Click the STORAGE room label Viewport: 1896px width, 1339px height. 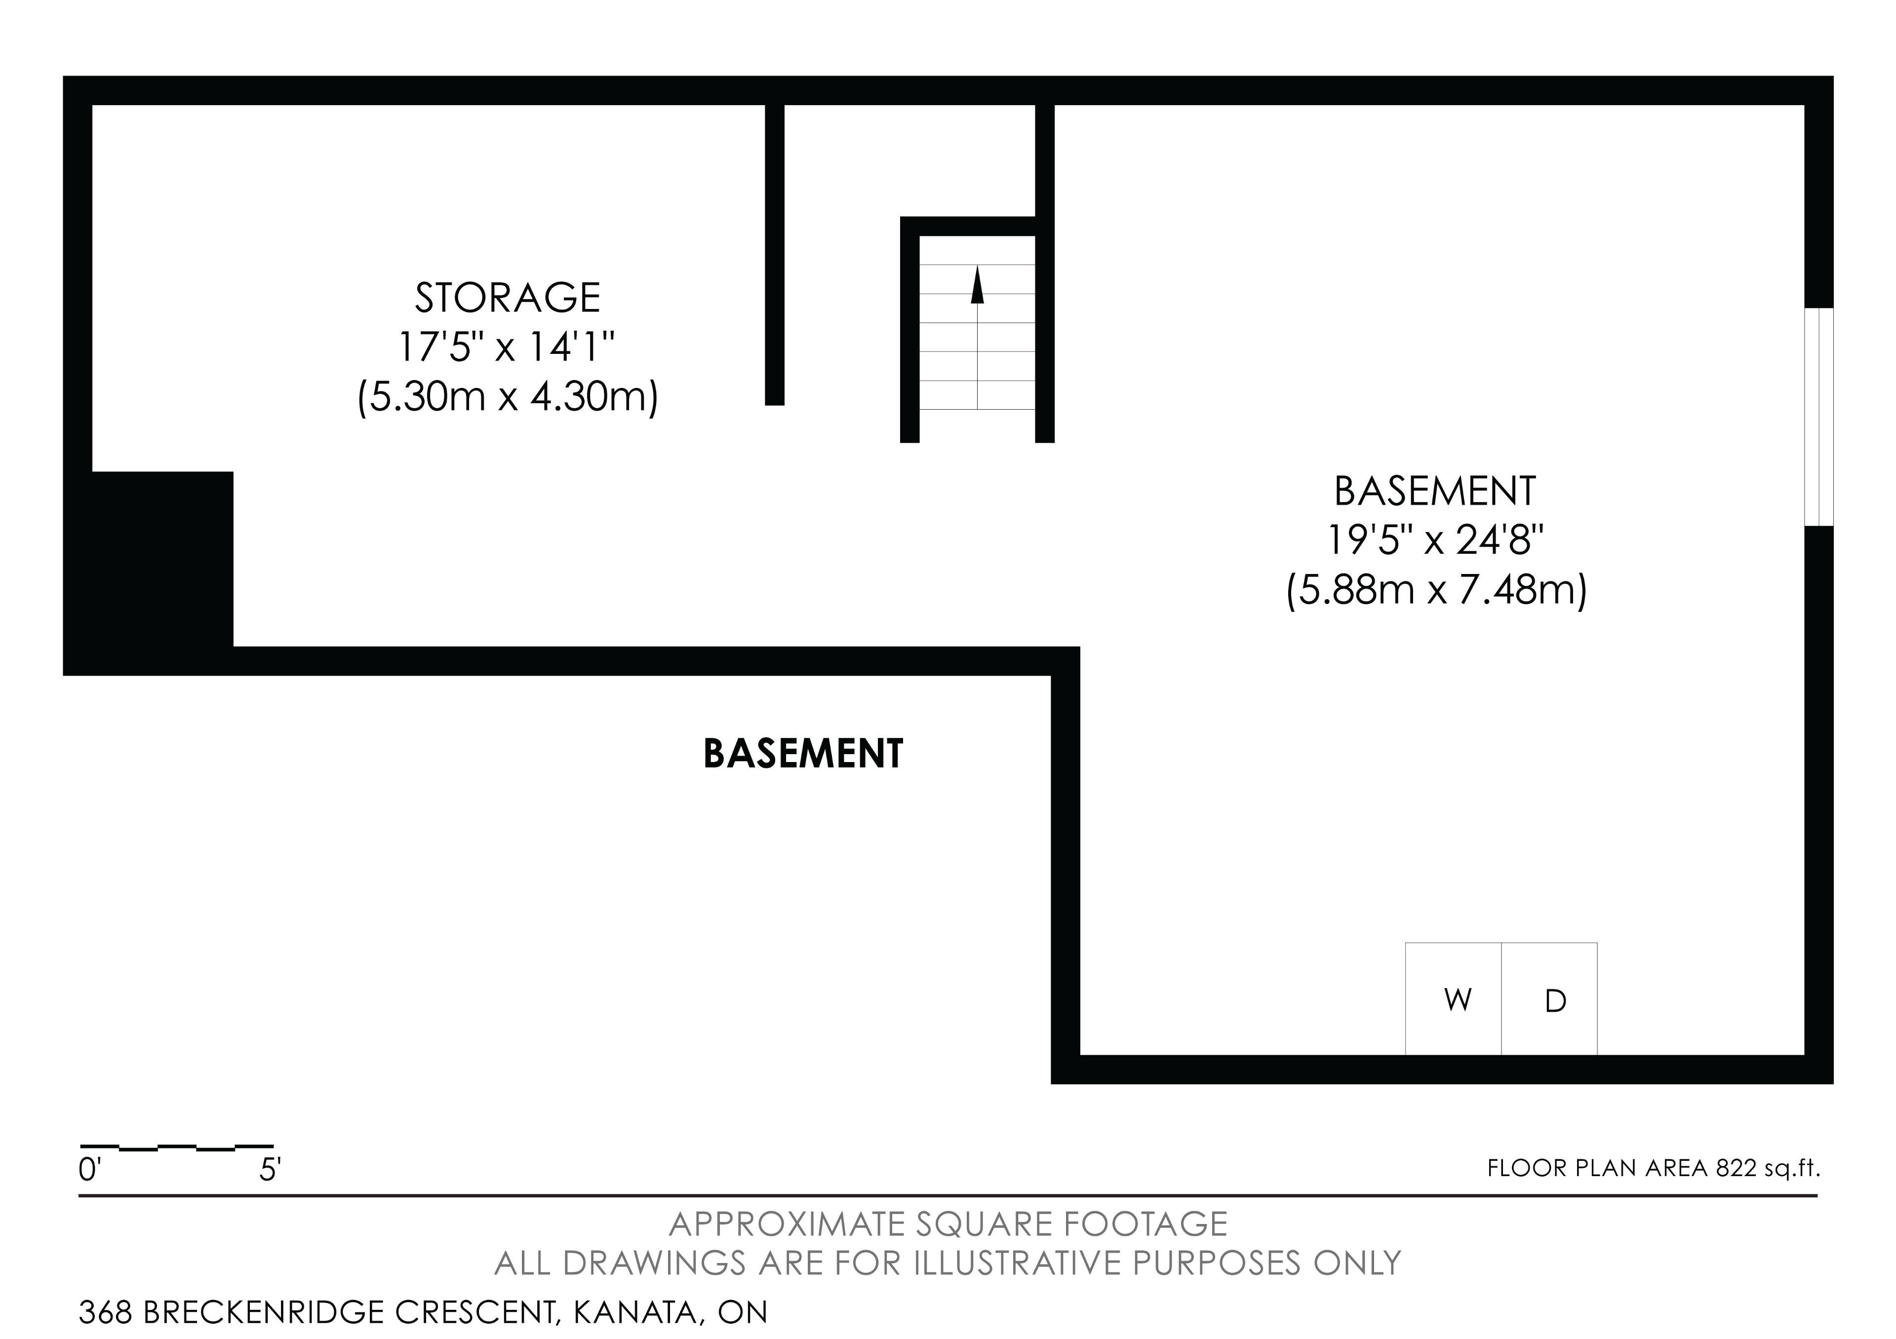pos(507,298)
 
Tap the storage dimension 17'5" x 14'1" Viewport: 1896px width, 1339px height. pos(507,347)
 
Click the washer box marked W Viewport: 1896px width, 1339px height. pos(1454,999)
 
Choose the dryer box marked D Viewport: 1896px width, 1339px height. pos(1549,999)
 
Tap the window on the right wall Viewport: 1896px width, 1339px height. pos(1818,417)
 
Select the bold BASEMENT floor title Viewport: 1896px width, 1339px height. pos(803,754)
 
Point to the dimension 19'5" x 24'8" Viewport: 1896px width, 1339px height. pos(1435,541)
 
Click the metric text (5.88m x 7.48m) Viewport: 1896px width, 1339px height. pos(1436,591)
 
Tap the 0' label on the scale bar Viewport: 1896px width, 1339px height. pos(89,1170)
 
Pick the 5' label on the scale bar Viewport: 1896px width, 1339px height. pos(270,1170)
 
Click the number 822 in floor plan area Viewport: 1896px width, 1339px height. pos(1736,1168)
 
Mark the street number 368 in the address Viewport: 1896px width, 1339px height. pos(106,1312)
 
